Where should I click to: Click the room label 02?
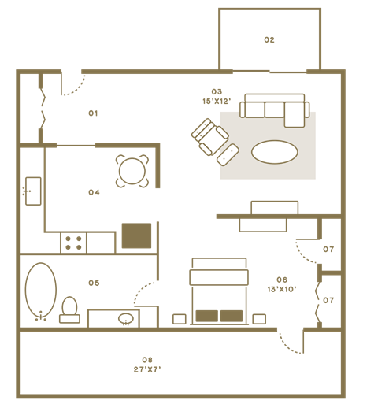click(x=269, y=39)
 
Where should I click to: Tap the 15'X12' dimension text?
click(x=217, y=102)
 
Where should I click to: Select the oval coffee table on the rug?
click(x=275, y=152)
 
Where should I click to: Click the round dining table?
click(x=132, y=171)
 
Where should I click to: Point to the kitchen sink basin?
click(x=33, y=191)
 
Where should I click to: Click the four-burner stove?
click(x=73, y=243)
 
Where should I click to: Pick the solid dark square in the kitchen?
click(x=136, y=235)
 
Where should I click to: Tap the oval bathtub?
click(x=41, y=290)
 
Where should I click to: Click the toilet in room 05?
click(x=69, y=309)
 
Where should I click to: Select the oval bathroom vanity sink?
click(x=126, y=319)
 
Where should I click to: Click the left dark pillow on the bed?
click(x=207, y=316)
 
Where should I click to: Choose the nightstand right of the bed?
click(x=259, y=319)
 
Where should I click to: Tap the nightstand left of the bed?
click(x=180, y=319)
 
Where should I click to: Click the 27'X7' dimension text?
click(x=147, y=369)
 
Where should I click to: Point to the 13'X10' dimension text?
click(x=282, y=289)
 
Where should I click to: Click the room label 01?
click(x=93, y=113)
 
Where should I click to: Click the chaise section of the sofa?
click(x=295, y=115)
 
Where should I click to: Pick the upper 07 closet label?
click(x=328, y=250)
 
